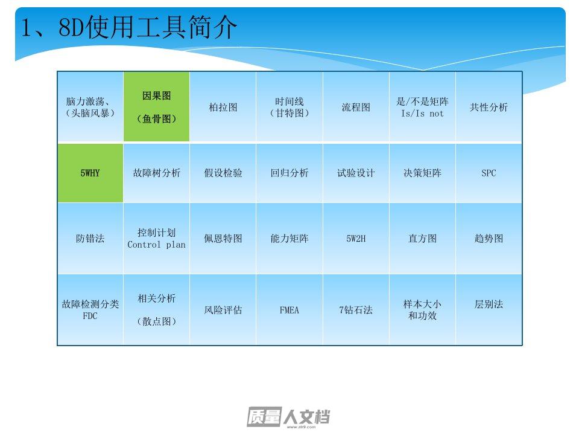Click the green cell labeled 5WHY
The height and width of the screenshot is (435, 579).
[90, 173]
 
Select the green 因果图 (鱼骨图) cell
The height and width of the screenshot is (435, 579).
[157, 107]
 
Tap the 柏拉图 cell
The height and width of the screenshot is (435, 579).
[223, 107]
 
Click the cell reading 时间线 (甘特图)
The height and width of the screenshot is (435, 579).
[289, 107]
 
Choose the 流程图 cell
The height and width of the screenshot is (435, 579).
[356, 107]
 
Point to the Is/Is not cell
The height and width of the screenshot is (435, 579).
[422, 107]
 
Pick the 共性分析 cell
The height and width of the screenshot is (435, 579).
[489, 107]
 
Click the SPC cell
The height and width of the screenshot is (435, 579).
[489, 173]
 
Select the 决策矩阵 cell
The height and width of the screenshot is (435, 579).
[422, 173]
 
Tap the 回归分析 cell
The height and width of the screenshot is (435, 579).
[289, 173]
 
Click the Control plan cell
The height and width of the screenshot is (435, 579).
[157, 239]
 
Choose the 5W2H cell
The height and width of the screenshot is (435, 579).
[356, 239]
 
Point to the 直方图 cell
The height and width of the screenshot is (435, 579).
[422, 239]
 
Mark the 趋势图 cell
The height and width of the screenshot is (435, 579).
[489, 239]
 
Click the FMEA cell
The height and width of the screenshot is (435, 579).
[289, 310]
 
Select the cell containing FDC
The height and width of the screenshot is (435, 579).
[90, 310]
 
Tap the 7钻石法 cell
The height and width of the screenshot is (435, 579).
[356, 310]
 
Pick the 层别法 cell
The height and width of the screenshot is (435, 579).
[489, 310]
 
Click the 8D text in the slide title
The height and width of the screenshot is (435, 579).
[71, 27]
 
